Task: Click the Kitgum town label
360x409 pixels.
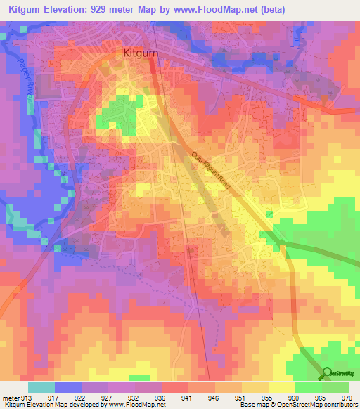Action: point(141,52)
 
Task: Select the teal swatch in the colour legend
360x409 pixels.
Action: point(41,387)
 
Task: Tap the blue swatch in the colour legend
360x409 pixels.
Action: point(68,387)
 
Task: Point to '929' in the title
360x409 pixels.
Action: point(136,9)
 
